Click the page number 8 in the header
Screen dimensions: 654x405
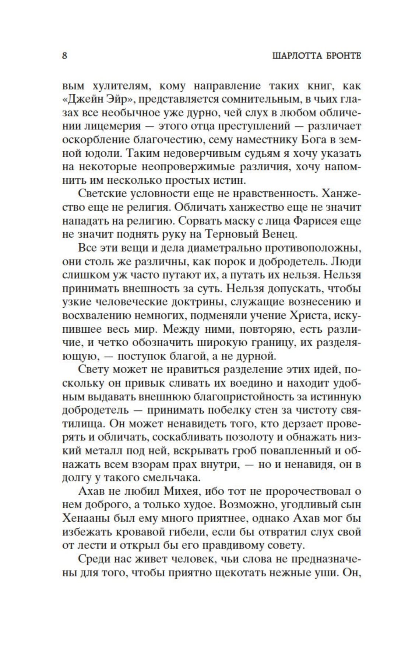pos(64,56)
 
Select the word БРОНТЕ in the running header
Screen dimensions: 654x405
pos(342,56)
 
